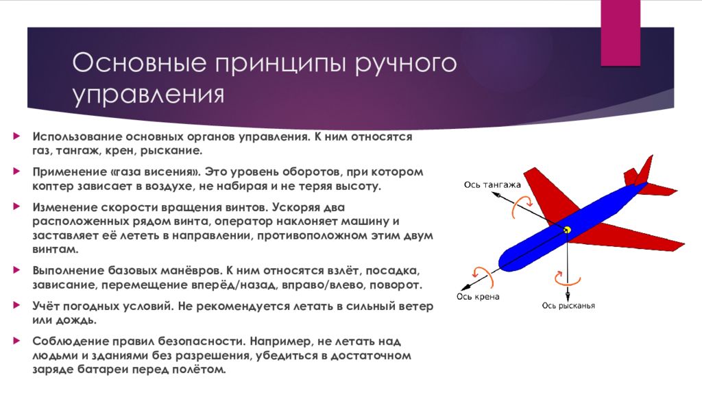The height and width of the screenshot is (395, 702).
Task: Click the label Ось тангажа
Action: tap(492, 184)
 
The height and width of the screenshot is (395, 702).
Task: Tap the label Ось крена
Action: tap(478, 296)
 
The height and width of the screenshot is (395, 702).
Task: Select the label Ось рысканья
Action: tap(568, 305)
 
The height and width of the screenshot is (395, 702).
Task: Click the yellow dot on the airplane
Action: tap(567, 230)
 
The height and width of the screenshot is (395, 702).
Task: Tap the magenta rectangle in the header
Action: tap(620, 33)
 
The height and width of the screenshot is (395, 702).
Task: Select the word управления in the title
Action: tap(148, 95)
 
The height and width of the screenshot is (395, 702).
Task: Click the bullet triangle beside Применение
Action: tap(17, 171)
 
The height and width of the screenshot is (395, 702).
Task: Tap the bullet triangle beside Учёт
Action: tap(17, 305)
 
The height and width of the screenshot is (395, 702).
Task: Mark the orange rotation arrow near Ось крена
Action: tap(485, 276)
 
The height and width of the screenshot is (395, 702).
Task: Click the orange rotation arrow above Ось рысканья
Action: tap(566, 280)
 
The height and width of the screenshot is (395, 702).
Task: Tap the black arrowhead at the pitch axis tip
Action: tap(495, 195)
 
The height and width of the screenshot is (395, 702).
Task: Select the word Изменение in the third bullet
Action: tap(64, 207)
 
